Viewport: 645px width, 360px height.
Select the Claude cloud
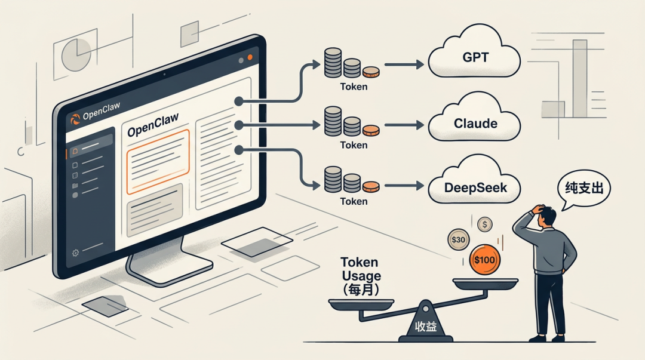475,124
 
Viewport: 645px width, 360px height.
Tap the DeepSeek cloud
475,187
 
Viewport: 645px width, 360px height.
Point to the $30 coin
458,240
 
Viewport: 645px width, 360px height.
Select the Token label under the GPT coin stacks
354,87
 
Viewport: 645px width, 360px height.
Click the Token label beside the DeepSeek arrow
354,201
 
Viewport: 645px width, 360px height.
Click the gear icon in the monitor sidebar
76,253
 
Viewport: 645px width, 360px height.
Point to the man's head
548,216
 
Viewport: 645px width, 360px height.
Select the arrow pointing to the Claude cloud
404,125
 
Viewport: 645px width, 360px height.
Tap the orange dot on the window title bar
250,58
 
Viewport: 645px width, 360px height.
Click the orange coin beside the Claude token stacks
370,130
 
